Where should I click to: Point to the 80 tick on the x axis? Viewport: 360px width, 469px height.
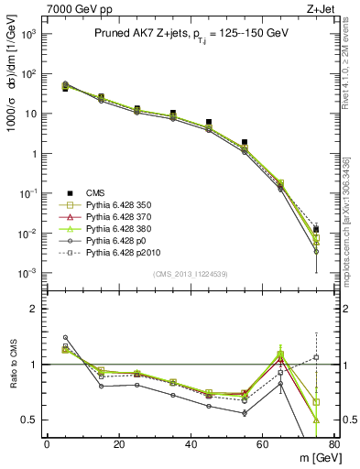pos(335,445)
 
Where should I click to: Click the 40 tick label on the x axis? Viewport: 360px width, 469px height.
pos(191,445)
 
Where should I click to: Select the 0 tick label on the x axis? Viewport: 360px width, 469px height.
pos(47,445)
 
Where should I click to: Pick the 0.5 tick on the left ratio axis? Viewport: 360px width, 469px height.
pos(30,420)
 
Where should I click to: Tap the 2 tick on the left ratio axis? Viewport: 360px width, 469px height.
pos(34,309)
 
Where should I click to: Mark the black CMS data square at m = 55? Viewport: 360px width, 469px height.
pos(245,143)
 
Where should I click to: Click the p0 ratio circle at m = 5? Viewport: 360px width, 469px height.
pos(65,337)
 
